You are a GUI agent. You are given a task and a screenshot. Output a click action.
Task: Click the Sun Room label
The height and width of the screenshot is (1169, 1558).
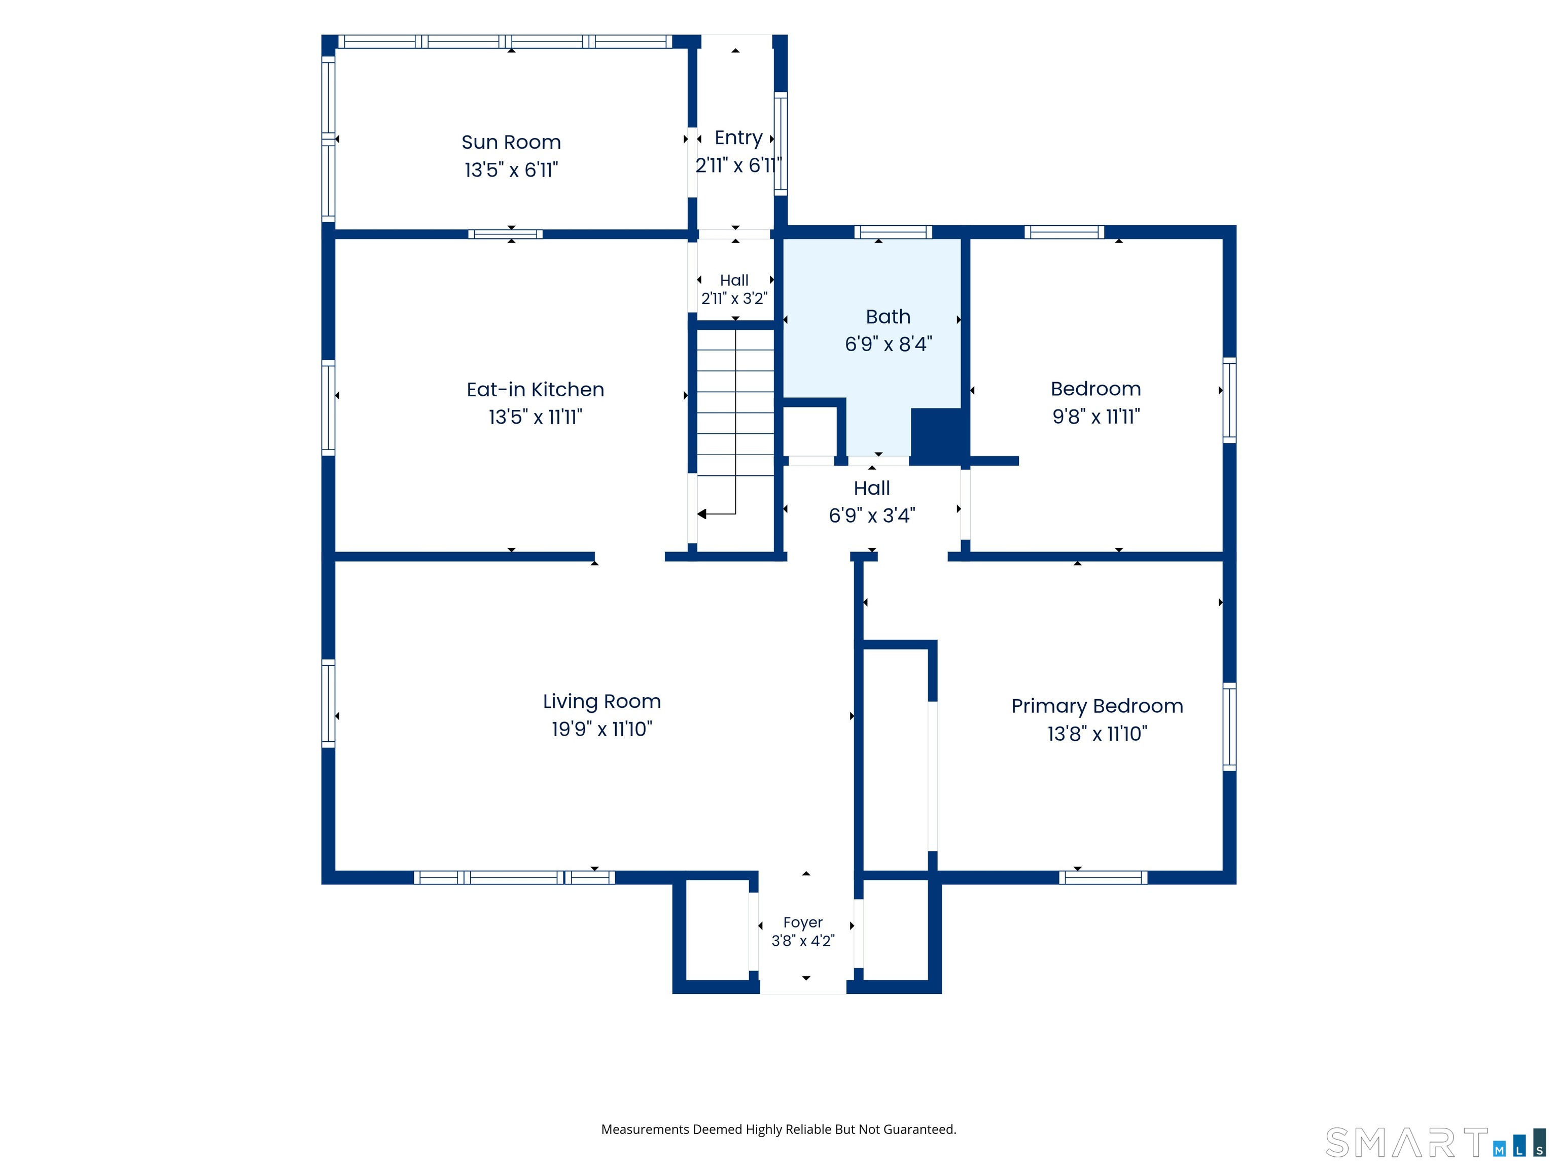(x=511, y=143)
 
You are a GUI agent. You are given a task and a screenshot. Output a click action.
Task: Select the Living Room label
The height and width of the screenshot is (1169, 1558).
(x=601, y=702)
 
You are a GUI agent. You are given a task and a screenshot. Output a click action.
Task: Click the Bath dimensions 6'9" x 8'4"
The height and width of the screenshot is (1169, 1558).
(x=888, y=344)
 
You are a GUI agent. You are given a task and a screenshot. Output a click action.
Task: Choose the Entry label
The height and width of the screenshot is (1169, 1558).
(x=738, y=138)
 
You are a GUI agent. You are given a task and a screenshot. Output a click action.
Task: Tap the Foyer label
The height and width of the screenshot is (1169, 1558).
(x=803, y=922)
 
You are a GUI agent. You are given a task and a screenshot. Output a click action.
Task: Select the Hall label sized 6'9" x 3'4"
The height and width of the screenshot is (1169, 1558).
(x=872, y=488)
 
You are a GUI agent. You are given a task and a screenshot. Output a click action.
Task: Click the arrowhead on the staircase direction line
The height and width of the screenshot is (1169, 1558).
(x=701, y=514)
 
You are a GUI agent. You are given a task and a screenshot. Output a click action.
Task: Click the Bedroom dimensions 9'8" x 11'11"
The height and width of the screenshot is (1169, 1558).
(x=1096, y=417)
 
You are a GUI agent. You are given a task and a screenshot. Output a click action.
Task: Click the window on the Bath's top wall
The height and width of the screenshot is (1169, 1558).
(x=893, y=232)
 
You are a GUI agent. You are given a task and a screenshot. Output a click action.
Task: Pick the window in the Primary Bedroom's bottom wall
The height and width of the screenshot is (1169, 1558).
(x=1103, y=877)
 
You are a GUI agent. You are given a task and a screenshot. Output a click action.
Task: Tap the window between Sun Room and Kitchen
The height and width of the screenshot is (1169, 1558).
(x=505, y=234)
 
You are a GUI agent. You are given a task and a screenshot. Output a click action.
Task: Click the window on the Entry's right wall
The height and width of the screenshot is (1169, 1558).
(x=781, y=143)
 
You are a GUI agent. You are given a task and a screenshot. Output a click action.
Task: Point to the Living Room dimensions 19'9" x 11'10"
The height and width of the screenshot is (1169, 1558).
(x=601, y=729)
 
